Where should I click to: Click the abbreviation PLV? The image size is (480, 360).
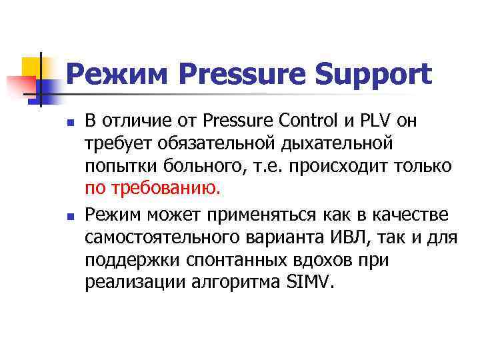[x=373, y=123]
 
